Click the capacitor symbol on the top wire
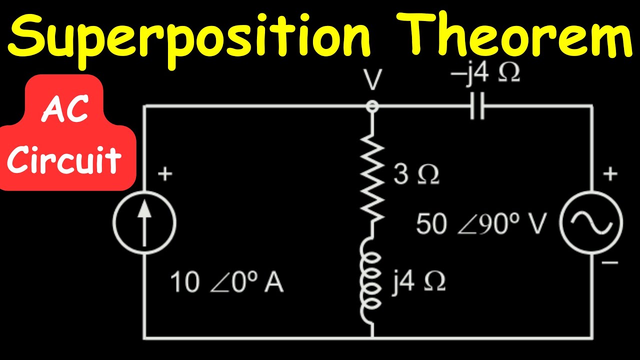tap(477, 106)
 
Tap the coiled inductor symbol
tap(372, 282)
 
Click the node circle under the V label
tap(372, 106)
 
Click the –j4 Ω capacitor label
tap(484, 73)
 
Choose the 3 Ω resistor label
tap(416, 175)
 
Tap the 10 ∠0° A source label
tap(227, 282)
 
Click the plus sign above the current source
tap(165, 174)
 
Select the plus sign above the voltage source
tap(610, 174)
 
